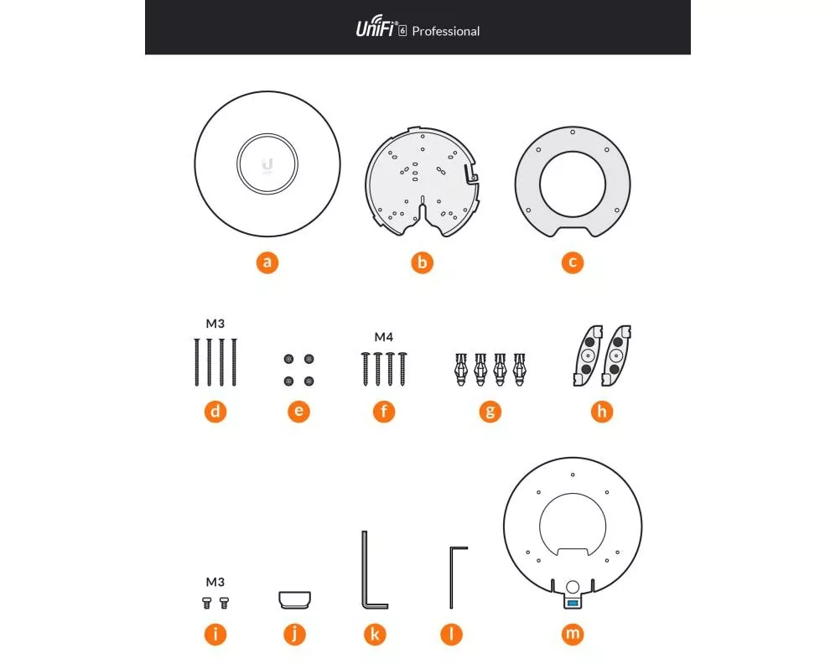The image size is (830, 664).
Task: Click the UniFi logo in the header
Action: [x=376, y=27]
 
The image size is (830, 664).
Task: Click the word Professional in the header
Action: [x=446, y=31]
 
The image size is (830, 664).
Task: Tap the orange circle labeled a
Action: [x=267, y=262]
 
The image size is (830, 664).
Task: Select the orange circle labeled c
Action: [x=573, y=262]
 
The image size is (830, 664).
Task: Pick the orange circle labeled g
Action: [x=490, y=412]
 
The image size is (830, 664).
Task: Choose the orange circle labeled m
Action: [x=573, y=634]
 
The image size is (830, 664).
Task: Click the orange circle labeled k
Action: [x=375, y=635]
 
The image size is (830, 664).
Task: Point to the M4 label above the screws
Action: [x=383, y=337]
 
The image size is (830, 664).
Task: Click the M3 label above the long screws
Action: [x=215, y=324]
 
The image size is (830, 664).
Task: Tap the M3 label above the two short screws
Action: [x=215, y=582]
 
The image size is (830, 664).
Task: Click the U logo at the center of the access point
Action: [x=267, y=165]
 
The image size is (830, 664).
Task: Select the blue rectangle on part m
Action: [x=573, y=603]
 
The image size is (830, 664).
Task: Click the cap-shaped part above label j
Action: [x=295, y=599]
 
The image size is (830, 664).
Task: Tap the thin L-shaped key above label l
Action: [x=452, y=576]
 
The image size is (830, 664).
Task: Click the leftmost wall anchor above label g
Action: [x=461, y=369]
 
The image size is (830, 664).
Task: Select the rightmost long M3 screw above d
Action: [x=235, y=362]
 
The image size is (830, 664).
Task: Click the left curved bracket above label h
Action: [x=588, y=355]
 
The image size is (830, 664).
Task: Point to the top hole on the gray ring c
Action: [x=573, y=132]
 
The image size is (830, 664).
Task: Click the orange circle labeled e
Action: [x=299, y=412]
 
